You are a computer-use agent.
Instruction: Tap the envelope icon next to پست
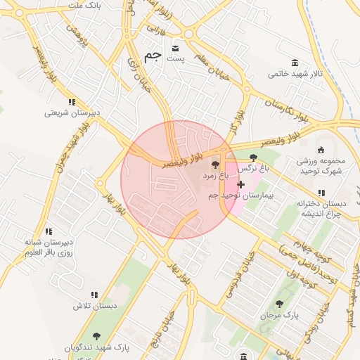[175, 49]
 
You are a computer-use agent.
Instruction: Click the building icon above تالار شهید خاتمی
[292, 63]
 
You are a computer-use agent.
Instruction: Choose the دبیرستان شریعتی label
[72, 112]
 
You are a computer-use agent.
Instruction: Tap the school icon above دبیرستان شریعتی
[72, 103]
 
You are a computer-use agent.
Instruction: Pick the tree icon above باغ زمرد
[215, 163]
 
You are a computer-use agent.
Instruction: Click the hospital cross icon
[241, 184]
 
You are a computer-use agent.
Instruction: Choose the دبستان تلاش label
[94, 307]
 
